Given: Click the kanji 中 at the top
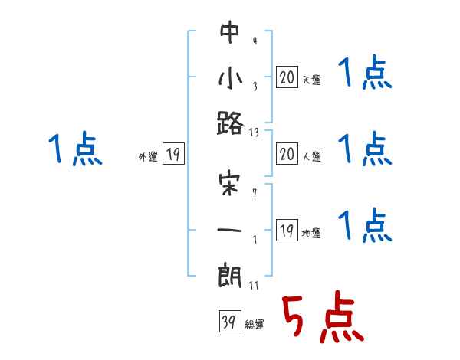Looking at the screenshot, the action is click(x=231, y=33).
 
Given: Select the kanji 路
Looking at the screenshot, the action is click(x=231, y=124).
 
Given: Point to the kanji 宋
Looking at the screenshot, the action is click(x=231, y=186).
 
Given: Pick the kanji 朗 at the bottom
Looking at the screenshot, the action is click(x=231, y=275).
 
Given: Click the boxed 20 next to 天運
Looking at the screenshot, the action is click(x=287, y=77).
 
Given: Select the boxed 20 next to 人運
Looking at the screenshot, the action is click(x=287, y=154).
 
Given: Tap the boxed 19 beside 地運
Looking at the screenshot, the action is click(x=287, y=231).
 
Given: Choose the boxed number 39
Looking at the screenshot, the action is click(x=228, y=322).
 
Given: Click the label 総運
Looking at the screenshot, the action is click(x=254, y=325).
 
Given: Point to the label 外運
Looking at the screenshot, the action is click(x=148, y=157).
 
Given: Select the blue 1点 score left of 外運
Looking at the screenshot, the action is click(x=75, y=149).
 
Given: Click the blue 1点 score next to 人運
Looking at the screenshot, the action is click(x=364, y=149).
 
